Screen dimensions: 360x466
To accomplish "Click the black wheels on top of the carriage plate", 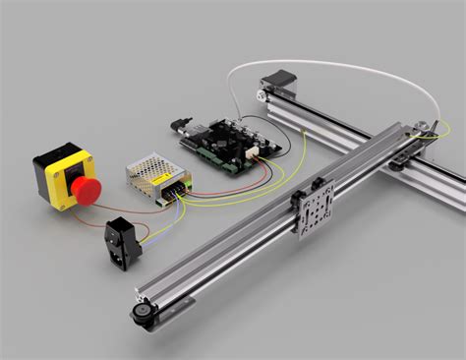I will coord(320,182).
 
